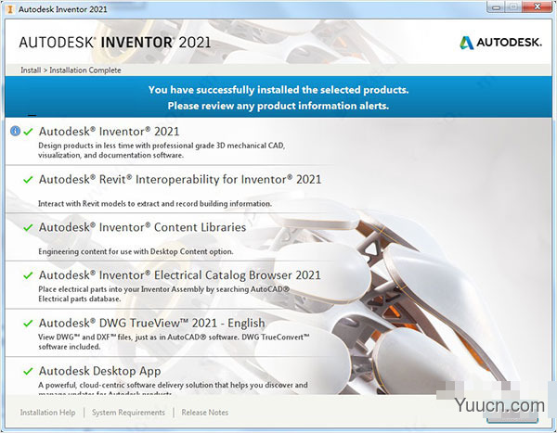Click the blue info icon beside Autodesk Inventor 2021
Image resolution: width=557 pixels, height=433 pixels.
[x=15, y=131]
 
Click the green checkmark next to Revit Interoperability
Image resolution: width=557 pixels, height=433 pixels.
[x=28, y=179]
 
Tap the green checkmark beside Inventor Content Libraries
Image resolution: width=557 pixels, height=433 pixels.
[x=28, y=227]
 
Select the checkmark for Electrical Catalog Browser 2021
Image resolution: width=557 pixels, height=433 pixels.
[x=28, y=275]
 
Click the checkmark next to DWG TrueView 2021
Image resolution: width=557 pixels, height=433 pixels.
[x=28, y=324]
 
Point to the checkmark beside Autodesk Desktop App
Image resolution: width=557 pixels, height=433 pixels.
[x=28, y=372]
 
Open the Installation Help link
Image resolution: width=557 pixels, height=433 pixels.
[x=48, y=413]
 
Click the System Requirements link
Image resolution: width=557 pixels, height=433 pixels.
[x=128, y=413]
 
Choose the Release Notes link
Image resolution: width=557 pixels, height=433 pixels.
[x=205, y=413]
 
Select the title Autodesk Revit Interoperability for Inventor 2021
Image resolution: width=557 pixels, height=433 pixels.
[x=180, y=179]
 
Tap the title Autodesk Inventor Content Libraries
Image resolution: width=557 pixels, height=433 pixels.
[x=142, y=227]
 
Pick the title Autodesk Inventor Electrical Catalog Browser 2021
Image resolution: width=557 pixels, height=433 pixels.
[x=180, y=275]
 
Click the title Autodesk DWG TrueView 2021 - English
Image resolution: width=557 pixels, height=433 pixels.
[x=151, y=324]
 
